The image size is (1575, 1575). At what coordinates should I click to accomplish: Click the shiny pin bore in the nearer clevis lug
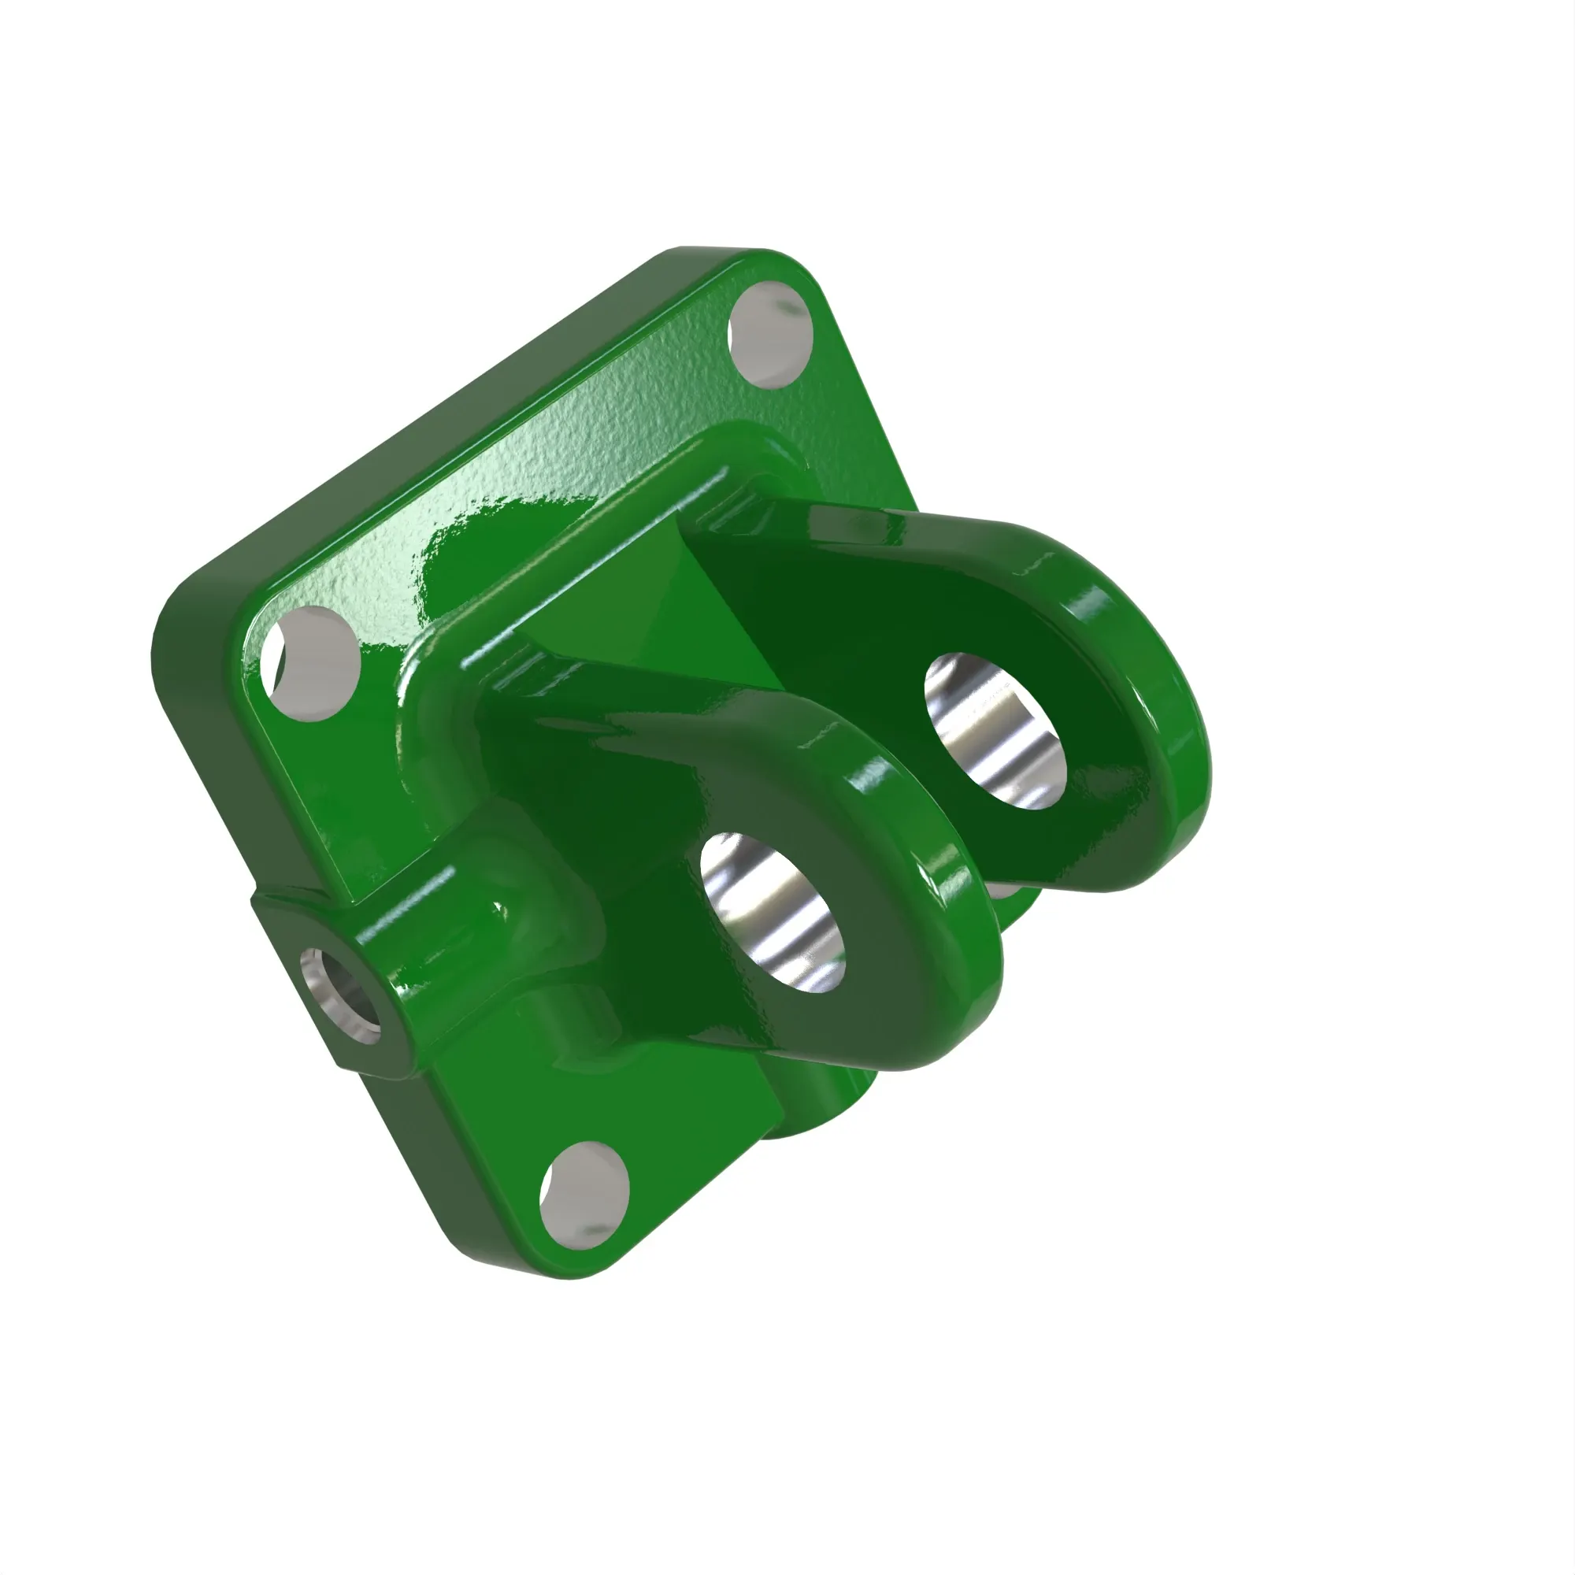(773, 911)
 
